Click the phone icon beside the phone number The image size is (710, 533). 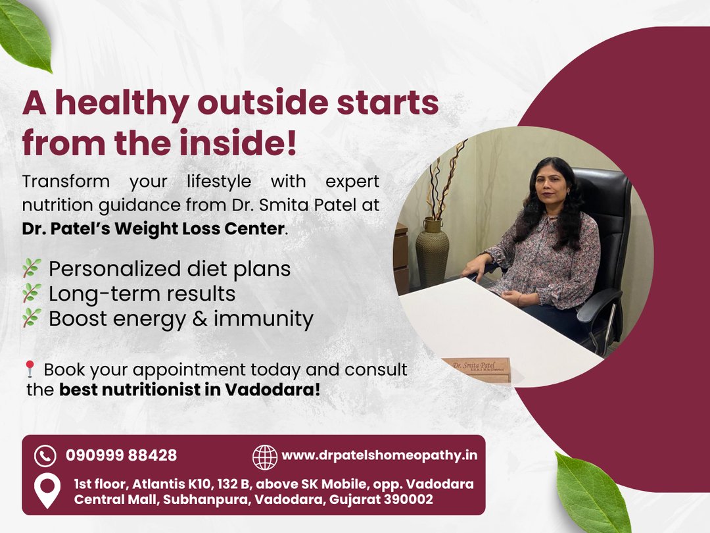point(45,455)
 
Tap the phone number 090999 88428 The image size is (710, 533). point(122,455)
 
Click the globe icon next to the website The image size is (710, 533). point(265,457)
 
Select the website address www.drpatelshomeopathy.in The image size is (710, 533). point(379,455)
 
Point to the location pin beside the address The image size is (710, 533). point(47,490)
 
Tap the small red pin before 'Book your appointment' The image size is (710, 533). point(30,368)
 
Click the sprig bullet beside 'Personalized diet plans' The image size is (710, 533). point(32,268)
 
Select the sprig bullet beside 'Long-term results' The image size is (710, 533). point(32,293)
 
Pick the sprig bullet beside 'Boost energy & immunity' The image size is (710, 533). point(32,318)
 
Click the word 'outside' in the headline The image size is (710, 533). point(262,103)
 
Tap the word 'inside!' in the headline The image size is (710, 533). point(238,142)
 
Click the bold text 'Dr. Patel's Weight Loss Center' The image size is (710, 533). point(153,228)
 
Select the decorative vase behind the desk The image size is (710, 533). point(433,253)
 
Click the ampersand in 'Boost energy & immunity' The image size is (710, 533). point(200,318)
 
